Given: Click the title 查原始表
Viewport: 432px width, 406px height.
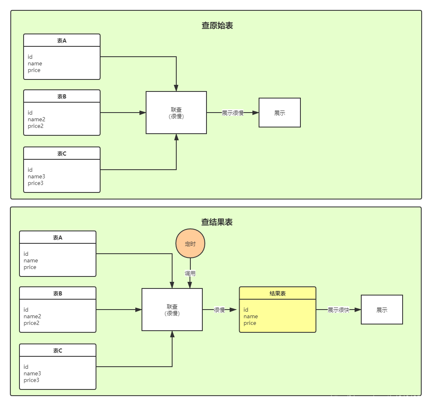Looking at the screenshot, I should pyautogui.click(x=217, y=26).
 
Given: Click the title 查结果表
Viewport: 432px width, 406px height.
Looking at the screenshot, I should pyautogui.click(x=217, y=222).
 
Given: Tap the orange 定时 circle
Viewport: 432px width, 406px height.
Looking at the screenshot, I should pyautogui.click(x=190, y=244).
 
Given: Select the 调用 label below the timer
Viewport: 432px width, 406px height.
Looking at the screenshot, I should pyautogui.click(x=190, y=274).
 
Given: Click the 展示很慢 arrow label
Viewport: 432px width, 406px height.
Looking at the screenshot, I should pyautogui.click(x=233, y=113).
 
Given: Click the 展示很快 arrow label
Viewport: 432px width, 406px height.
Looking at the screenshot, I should pyautogui.click(x=338, y=310).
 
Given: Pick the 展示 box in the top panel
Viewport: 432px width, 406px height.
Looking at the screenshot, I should pyautogui.click(x=280, y=113).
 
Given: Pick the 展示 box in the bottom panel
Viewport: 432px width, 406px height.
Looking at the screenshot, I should pyautogui.click(x=382, y=310).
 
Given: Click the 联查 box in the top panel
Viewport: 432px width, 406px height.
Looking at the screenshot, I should pyautogui.click(x=176, y=113).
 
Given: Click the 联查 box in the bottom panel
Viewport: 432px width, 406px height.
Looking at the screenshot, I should pyautogui.click(x=172, y=310).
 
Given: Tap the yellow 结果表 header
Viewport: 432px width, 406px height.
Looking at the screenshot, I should pyautogui.click(x=278, y=293).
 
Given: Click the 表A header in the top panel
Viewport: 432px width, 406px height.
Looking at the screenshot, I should pyautogui.click(x=62, y=41).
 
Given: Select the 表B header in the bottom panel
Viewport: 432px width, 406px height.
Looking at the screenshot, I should pyautogui.click(x=58, y=293).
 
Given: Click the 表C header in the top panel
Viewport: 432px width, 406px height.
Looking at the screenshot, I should pyautogui.click(x=62, y=154).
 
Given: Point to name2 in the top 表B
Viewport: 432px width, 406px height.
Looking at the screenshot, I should pyautogui.click(x=36, y=119).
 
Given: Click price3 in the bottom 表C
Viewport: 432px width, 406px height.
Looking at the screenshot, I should pyautogui.click(x=31, y=380).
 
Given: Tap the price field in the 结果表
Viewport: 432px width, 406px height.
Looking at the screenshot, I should pyautogui.click(x=250, y=323).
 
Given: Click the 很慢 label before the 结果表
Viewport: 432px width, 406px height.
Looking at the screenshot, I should pyautogui.click(x=219, y=310).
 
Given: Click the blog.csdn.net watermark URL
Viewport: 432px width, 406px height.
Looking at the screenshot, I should pyautogui.click(x=379, y=398).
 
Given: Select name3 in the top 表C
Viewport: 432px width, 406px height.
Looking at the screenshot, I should pyautogui.click(x=36, y=176).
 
